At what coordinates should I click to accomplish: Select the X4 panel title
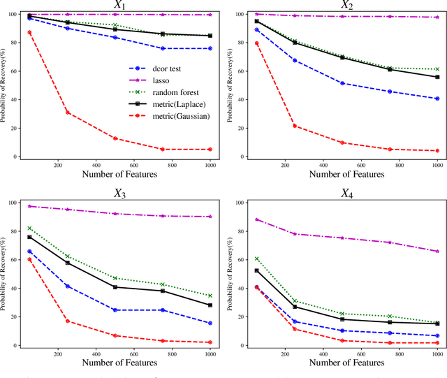coord(346,194)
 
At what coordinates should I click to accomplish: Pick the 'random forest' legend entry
coord(177,92)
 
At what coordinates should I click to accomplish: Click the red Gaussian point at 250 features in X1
coord(68,112)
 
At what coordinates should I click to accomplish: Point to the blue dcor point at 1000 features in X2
coord(437,99)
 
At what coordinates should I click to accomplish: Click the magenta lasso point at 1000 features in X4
coord(437,251)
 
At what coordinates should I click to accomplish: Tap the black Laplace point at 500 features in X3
coord(115,287)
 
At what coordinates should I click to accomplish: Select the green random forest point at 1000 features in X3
coord(210,296)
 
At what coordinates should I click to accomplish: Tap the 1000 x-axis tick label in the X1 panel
coord(209,166)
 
